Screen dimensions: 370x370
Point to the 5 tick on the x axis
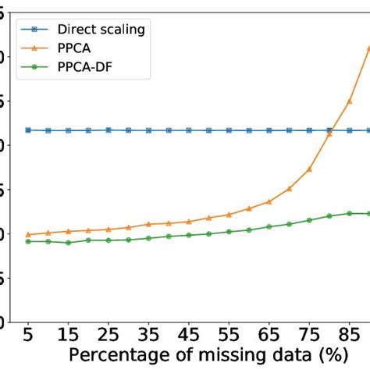pyautogui.click(x=29, y=337)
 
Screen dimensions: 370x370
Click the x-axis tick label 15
pyautogui.click(x=69, y=337)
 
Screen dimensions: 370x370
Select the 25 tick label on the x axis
pyautogui.click(x=109, y=337)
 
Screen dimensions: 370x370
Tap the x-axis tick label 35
pyautogui.click(x=148, y=337)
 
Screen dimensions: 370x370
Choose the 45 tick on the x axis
pyautogui.click(x=188, y=337)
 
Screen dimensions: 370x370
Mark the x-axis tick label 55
pyautogui.click(x=229, y=337)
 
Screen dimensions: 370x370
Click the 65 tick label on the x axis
pyautogui.click(x=269, y=337)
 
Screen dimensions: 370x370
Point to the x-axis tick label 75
pyautogui.click(x=309, y=337)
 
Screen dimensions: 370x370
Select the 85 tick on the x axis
pyautogui.click(x=350, y=337)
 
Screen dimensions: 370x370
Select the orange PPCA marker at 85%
pyautogui.click(x=350, y=101)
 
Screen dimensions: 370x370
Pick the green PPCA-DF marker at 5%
pyautogui.click(x=29, y=241)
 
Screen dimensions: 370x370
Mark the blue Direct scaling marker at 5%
pyautogui.click(x=29, y=130)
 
